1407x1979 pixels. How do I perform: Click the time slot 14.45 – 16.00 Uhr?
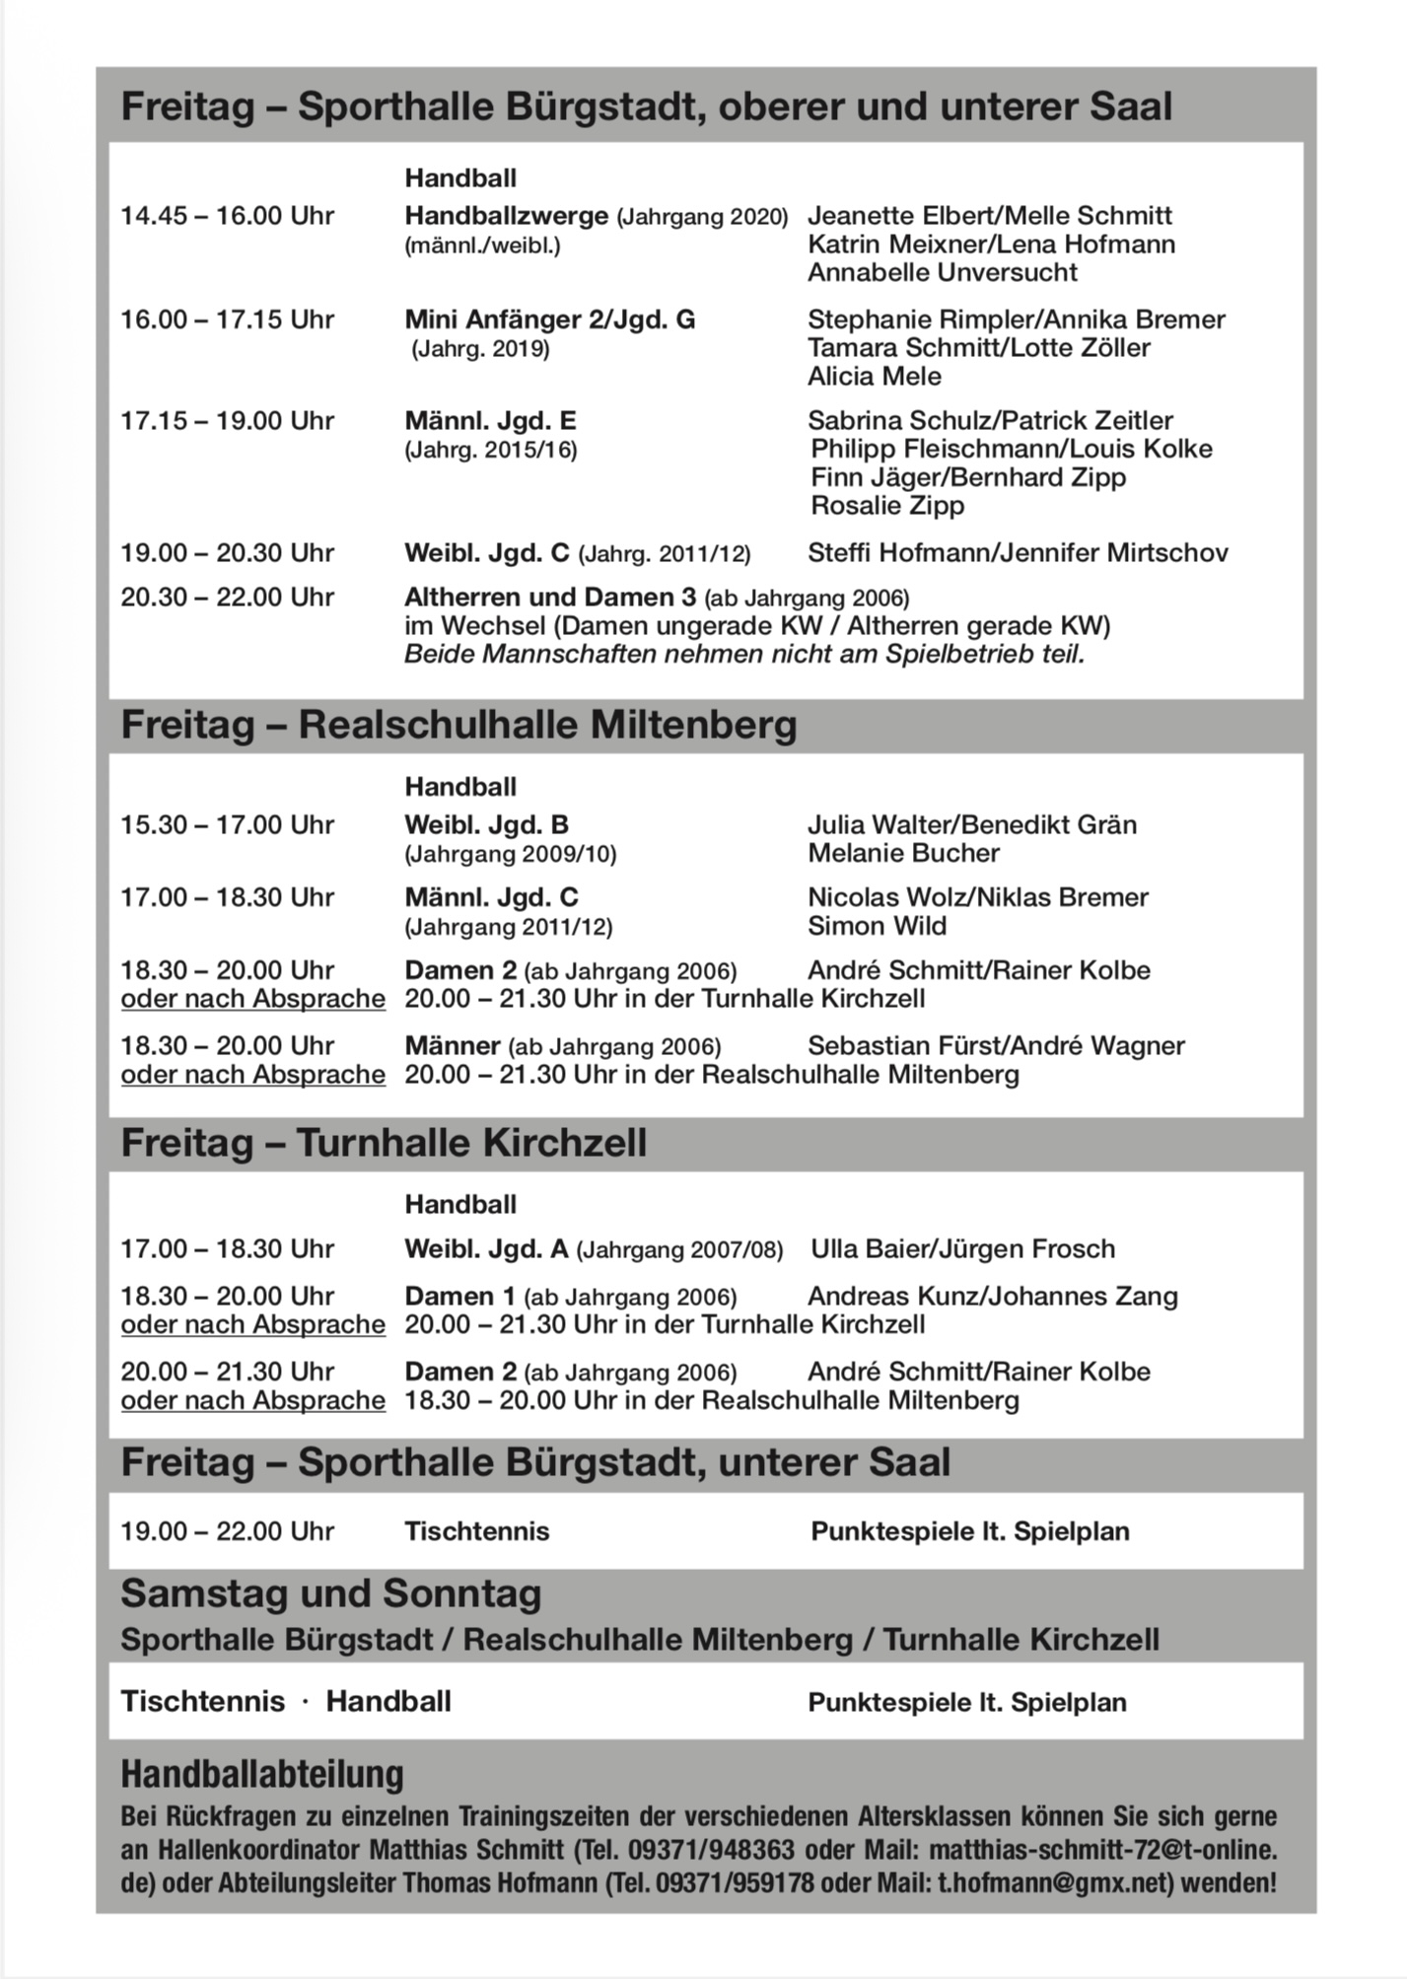coord(227,216)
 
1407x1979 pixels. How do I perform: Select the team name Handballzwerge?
coord(507,216)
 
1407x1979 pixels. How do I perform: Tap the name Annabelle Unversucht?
coord(942,273)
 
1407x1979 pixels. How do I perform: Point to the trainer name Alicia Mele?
coord(874,377)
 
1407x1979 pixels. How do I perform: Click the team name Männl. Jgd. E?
coord(490,421)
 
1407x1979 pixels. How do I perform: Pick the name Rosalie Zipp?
coord(887,506)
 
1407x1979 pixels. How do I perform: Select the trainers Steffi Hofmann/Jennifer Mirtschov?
coord(1018,553)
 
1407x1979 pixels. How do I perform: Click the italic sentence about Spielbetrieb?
coord(743,655)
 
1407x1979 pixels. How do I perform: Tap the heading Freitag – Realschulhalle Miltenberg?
coord(458,726)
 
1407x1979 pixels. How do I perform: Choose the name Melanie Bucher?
coord(903,854)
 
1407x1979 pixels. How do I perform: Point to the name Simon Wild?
coord(877,927)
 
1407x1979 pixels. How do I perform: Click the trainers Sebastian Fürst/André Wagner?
coord(996,1046)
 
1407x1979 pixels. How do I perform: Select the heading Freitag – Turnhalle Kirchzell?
coord(384,1144)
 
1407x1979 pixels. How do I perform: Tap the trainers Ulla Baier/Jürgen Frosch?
coord(962,1249)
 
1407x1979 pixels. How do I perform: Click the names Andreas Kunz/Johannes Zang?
coord(992,1297)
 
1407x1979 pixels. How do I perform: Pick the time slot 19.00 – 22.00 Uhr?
coord(227,1531)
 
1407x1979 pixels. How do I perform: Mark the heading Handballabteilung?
coord(262,1774)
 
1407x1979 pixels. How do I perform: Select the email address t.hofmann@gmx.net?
coord(1052,1882)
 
